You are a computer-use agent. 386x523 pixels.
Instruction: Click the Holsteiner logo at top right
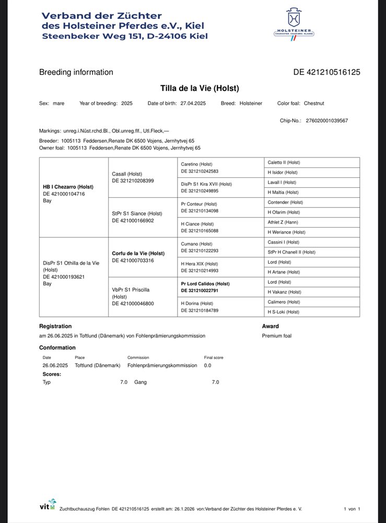[x=294, y=22]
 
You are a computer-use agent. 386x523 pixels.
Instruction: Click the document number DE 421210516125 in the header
[x=327, y=73]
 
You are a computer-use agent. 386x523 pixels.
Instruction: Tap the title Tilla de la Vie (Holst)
[x=200, y=88]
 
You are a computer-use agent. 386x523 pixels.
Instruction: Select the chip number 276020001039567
[x=326, y=121]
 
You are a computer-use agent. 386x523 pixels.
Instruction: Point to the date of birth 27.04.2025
[x=193, y=104]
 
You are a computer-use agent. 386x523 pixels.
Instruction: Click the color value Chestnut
[x=314, y=104]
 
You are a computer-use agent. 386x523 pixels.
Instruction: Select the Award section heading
[x=271, y=326]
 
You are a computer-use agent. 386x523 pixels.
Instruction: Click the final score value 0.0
[x=207, y=365]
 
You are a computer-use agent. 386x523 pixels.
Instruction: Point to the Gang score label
[x=141, y=382]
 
